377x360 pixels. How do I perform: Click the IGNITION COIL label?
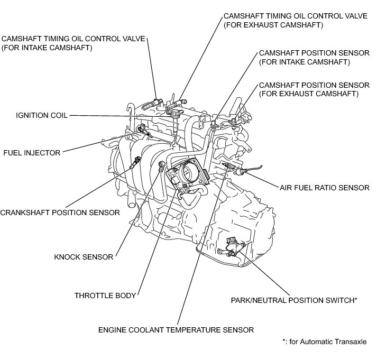pos(42,115)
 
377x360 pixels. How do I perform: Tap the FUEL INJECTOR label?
pos(31,153)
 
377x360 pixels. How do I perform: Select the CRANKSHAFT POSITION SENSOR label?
pos(60,213)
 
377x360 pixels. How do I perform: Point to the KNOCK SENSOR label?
pos(84,257)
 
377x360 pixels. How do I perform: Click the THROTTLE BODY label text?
pos(106,296)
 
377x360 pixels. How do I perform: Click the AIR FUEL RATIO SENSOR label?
pos(325,188)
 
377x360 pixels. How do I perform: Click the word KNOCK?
pos(67,257)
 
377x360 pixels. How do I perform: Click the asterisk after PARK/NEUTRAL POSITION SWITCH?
pos(355,299)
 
